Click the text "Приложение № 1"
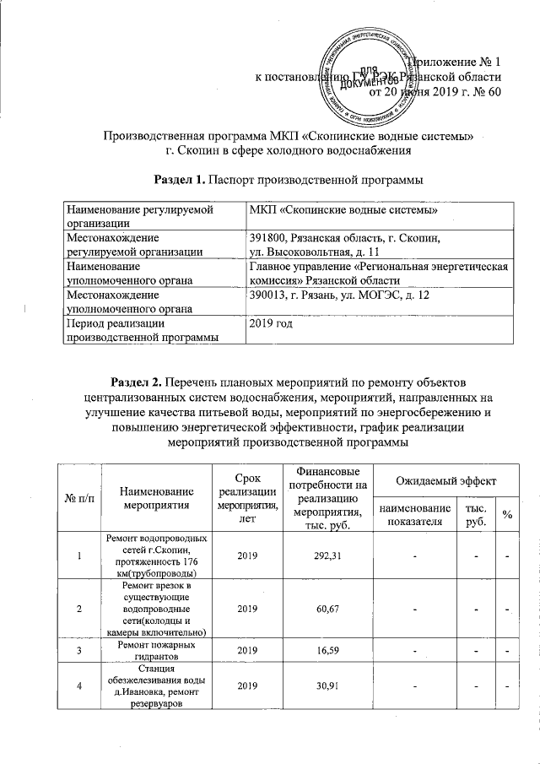pos(456,62)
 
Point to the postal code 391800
pos(268,239)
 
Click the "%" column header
pos(507,516)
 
